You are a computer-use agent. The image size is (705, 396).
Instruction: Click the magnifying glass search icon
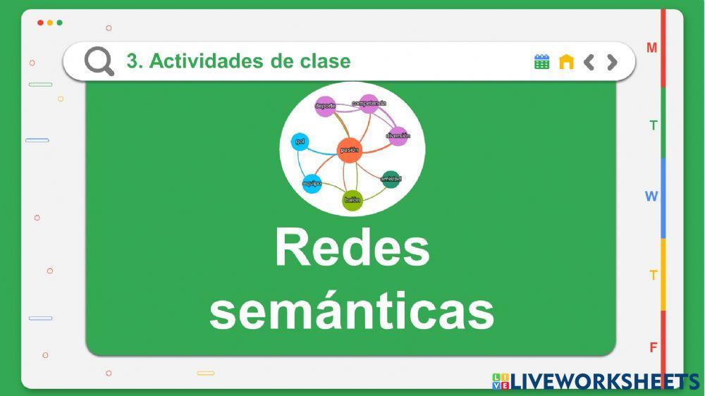tap(99, 61)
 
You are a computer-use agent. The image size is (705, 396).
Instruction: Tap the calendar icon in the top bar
tap(541, 62)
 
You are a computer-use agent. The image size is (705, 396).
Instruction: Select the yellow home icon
tap(566, 62)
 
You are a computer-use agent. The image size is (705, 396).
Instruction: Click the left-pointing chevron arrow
tap(589, 62)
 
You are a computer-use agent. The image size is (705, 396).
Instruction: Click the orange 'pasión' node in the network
tap(349, 150)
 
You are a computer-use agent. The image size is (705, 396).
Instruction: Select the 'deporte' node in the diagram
tap(325, 106)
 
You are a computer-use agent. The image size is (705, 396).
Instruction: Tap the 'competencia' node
tap(369, 104)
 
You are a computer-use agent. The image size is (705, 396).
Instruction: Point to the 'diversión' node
tap(398, 135)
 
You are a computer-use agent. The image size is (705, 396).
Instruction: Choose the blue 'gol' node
tap(300, 142)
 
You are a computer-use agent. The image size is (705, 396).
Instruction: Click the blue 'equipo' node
tap(312, 184)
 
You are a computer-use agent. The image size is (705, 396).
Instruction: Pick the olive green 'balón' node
tap(352, 200)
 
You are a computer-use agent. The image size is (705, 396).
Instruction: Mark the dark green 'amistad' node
tap(391, 179)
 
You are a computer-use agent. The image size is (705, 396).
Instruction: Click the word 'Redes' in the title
tap(352, 248)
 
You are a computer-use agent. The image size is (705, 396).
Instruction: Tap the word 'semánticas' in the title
tap(352, 310)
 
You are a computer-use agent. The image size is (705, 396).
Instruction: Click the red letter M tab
tap(652, 48)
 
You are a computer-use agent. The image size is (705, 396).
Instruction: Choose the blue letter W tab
tap(651, 197)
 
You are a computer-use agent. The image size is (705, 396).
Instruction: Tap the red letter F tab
tap(654, 347)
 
